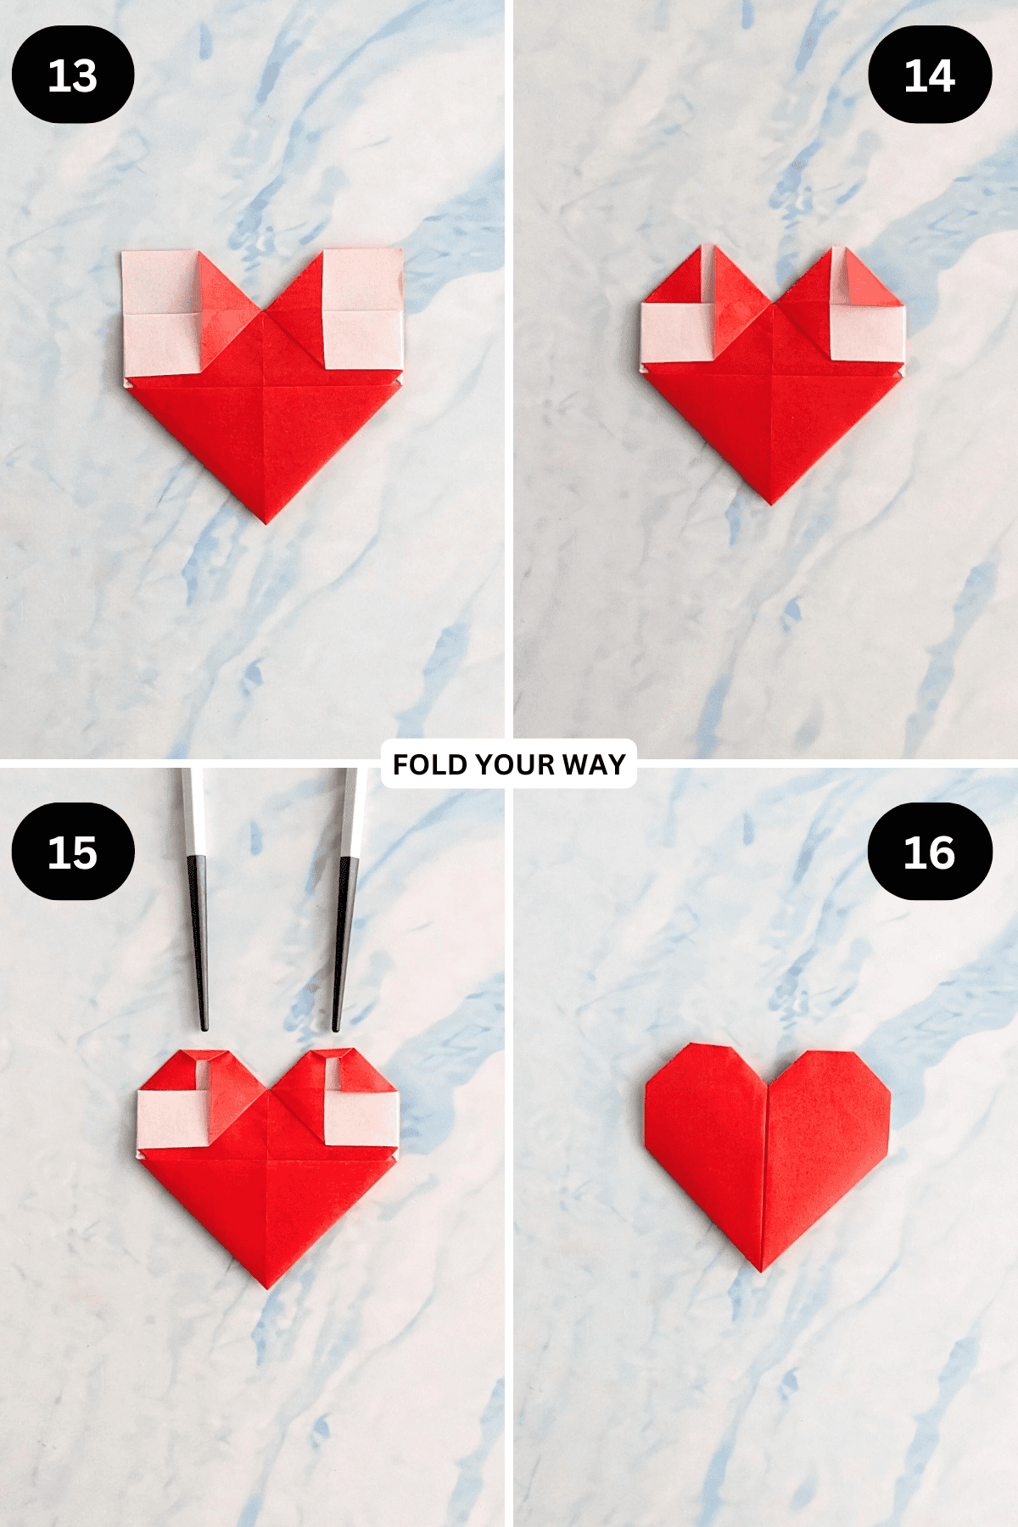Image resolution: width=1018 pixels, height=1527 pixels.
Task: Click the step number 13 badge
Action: point(73,75)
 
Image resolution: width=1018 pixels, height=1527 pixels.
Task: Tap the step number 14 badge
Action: point(930,75)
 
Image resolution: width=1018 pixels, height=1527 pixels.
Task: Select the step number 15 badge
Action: point(73,852)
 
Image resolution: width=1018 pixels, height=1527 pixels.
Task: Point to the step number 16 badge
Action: point(930,852)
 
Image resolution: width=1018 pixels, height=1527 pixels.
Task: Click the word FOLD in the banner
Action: point(430,764)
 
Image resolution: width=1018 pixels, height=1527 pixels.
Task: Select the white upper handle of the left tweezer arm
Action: point(193,810)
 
